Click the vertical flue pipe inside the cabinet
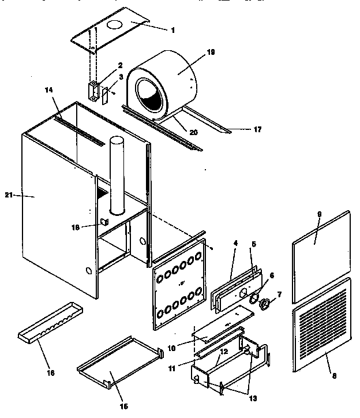(116, 173)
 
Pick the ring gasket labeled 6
(253, 297)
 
